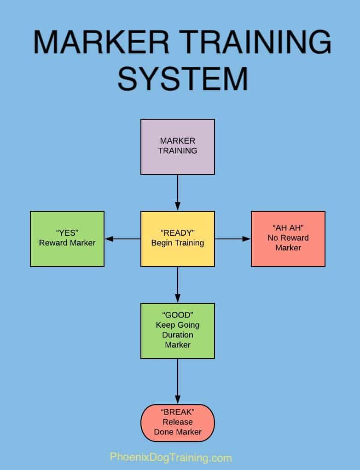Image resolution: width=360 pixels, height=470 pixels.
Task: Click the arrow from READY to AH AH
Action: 232,239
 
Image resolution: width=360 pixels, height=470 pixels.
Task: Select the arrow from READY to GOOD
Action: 177,284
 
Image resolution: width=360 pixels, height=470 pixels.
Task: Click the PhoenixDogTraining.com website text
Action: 171,458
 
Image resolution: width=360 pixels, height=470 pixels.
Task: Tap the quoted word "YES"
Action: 67,233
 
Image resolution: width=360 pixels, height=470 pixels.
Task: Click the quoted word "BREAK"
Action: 177,412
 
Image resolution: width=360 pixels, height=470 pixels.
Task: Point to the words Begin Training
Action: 177,243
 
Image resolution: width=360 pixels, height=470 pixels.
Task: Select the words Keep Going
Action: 177,325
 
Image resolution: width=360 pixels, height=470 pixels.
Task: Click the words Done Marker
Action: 177,432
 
